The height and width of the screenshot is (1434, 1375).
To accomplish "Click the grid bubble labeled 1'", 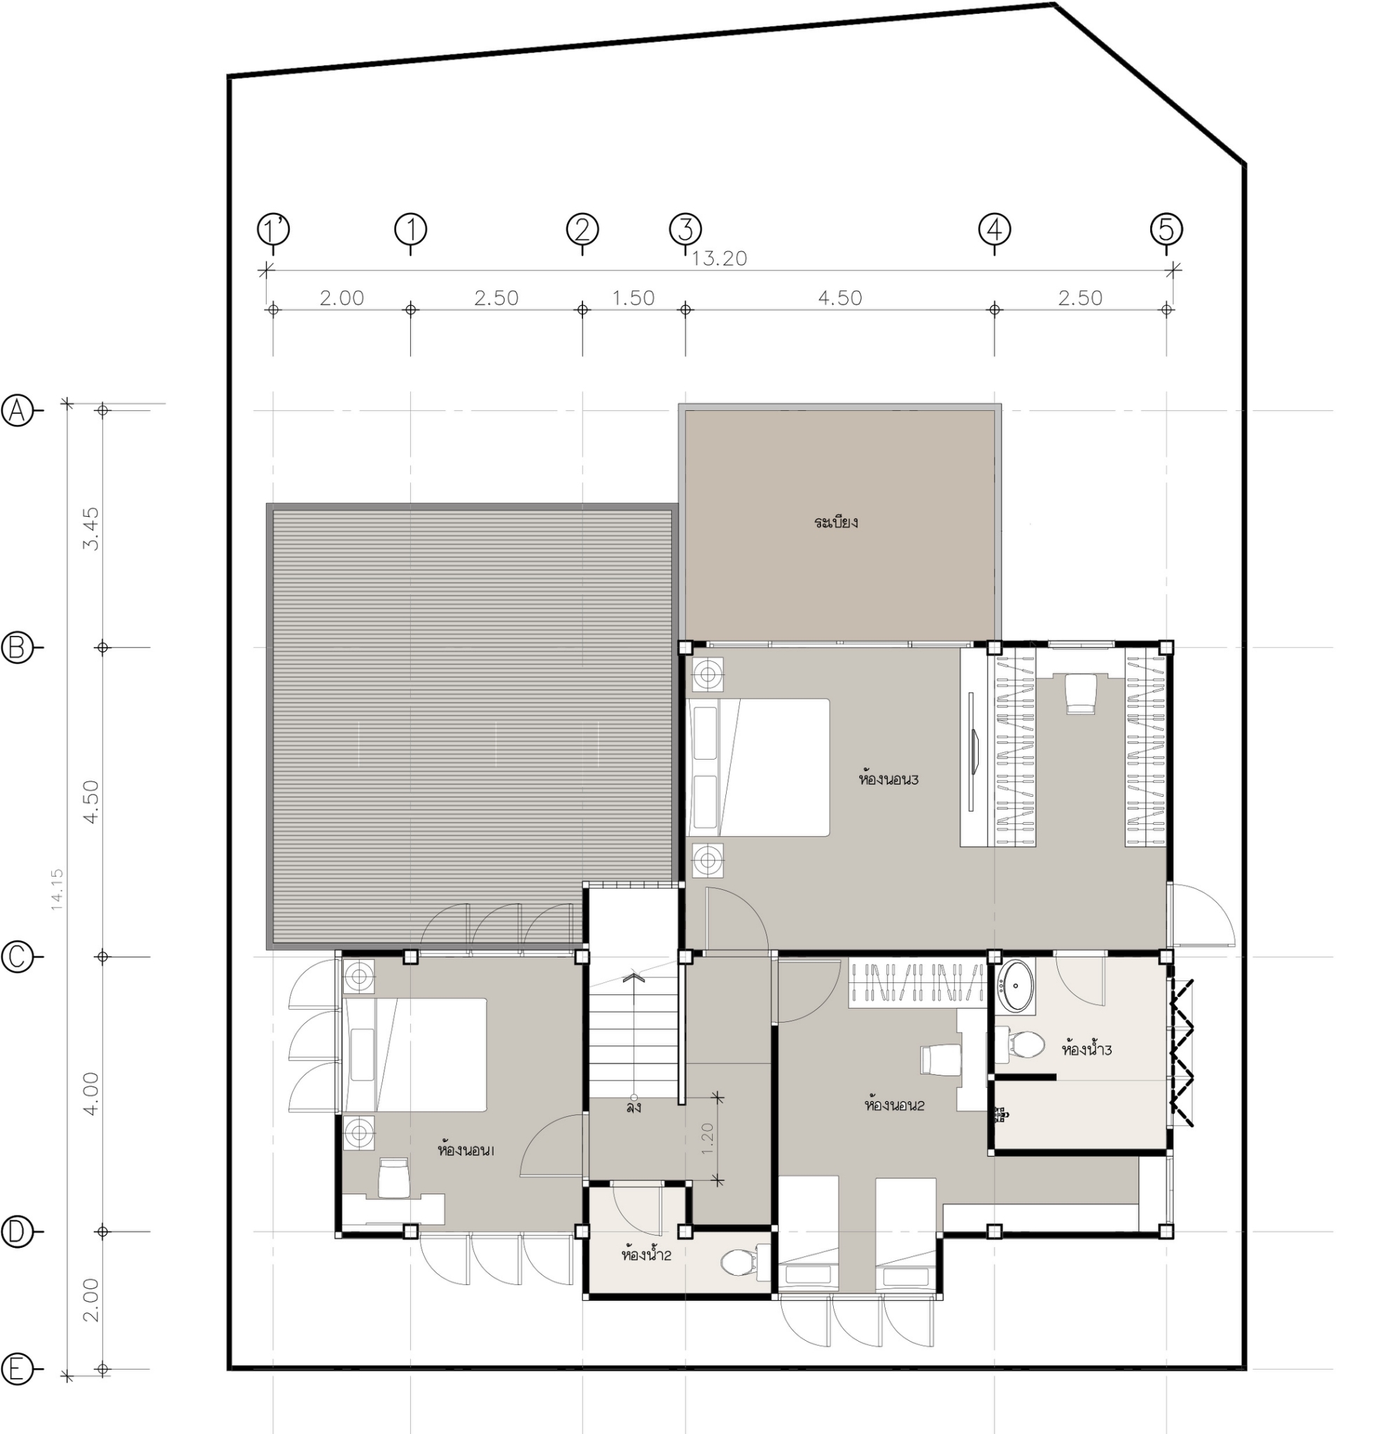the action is (x=273, y=230).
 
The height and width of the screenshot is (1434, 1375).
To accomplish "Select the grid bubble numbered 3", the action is (x=685, y=230).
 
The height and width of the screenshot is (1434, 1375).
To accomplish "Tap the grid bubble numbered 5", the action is (x=1166, y=230).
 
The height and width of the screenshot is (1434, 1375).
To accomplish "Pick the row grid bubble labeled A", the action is (x=18, y=410).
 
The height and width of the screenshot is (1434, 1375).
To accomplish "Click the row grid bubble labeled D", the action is (x=18, y=1232).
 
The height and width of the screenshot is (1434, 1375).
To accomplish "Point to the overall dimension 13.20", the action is (x=720, y=258).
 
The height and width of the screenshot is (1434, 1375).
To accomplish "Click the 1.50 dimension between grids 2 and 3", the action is (x=634, y=298).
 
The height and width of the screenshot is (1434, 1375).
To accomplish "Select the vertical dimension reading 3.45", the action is (x=91, y=528).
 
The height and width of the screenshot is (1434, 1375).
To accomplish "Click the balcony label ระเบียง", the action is (x=835, y=522).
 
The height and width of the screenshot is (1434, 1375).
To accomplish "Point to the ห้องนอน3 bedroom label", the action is (x=888, y=779).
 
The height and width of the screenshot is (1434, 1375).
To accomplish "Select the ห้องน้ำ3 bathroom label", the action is (x=1087, y=1049).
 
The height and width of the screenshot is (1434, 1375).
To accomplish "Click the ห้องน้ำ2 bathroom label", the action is (x=645, y=1255).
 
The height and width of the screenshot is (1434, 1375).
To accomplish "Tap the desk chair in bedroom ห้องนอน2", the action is (x=940, y=1060).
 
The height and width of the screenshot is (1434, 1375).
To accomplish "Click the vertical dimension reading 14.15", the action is (x=57, y=889).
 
